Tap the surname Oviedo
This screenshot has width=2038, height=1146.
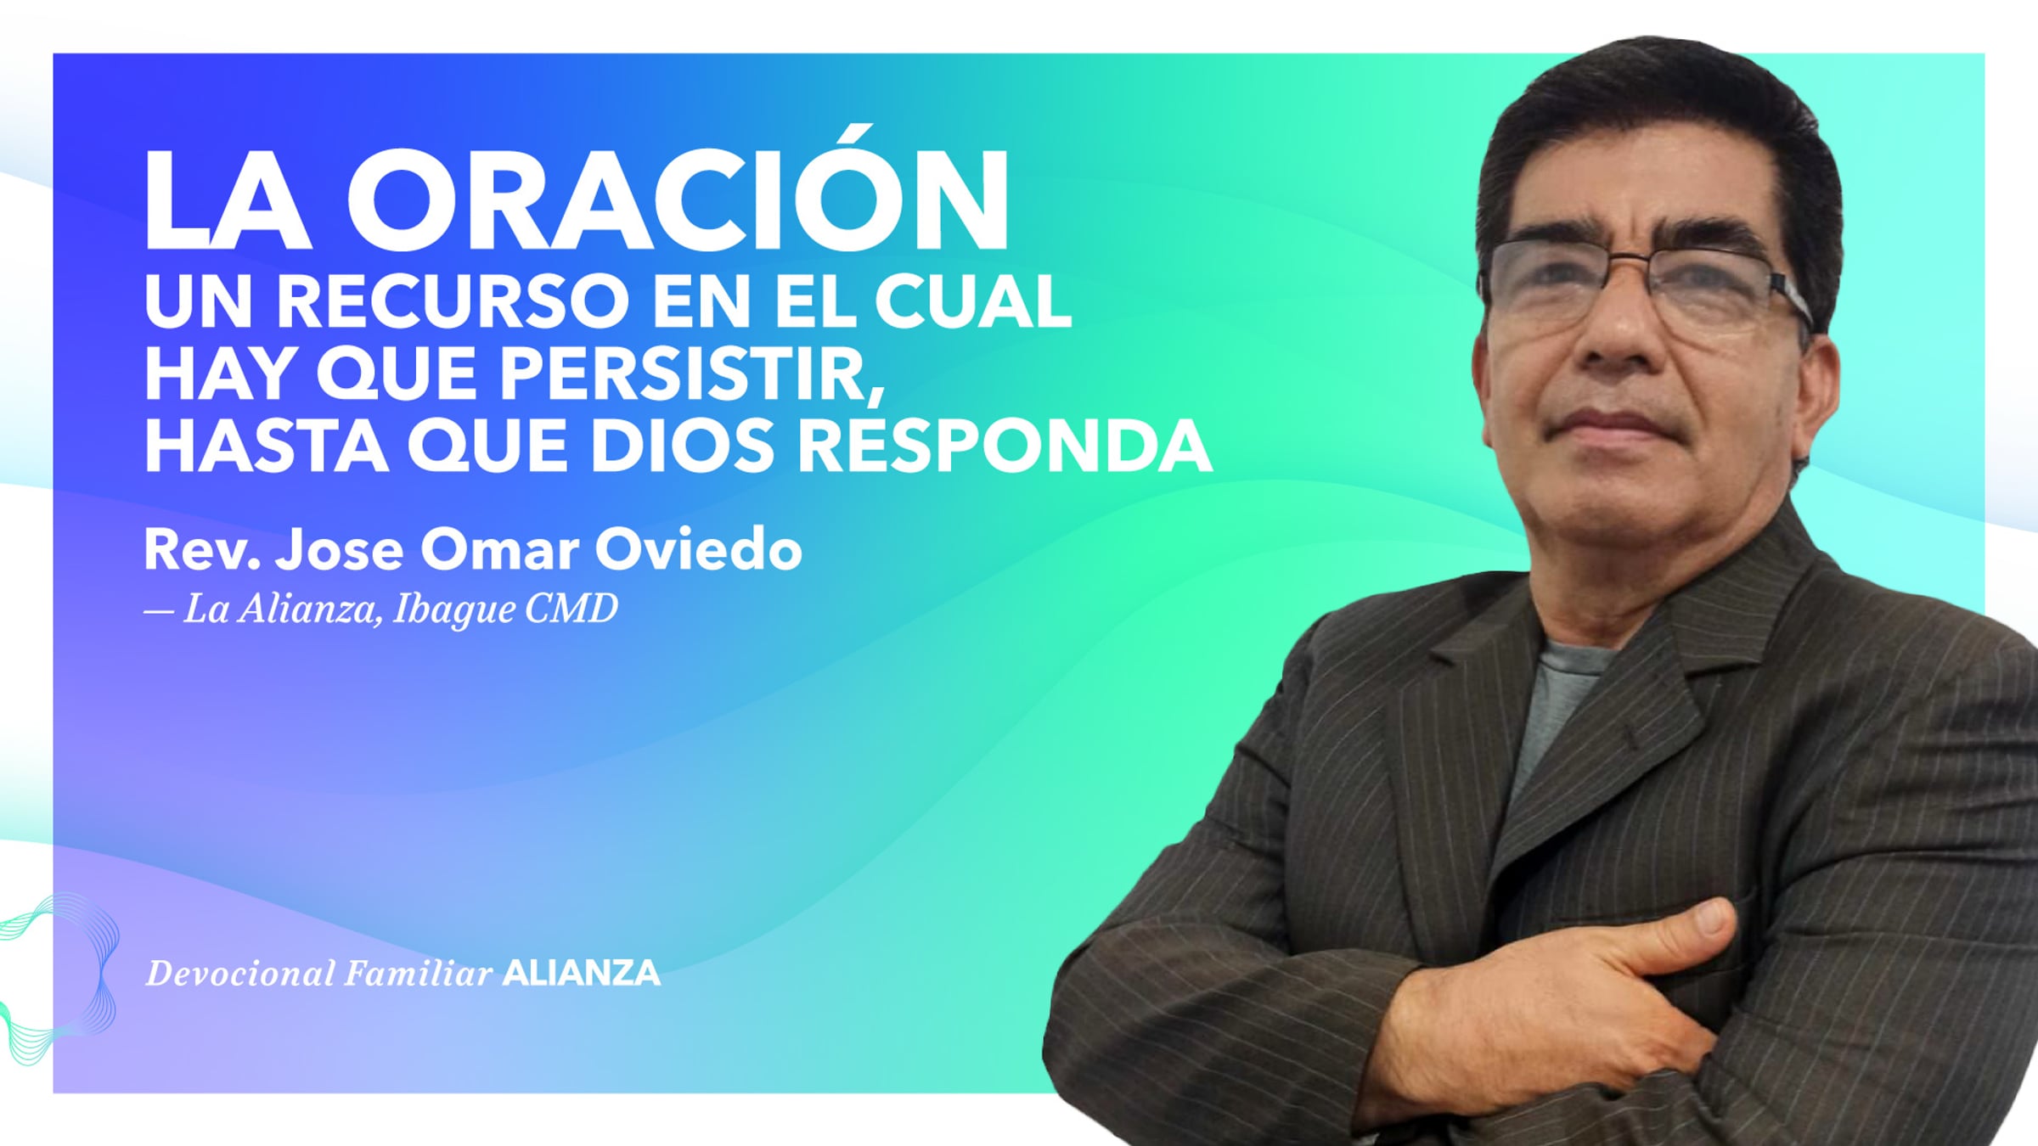click(x=698, y=549)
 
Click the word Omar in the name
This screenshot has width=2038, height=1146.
click(x=500, y=550)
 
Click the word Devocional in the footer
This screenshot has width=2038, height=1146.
click(x=240, y=974)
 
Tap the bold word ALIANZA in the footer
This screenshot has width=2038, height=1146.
click(x=581, y=973)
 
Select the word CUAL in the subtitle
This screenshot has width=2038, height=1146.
click(x=973, y=301)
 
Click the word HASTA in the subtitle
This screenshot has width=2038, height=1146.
click(x=266, y=446)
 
